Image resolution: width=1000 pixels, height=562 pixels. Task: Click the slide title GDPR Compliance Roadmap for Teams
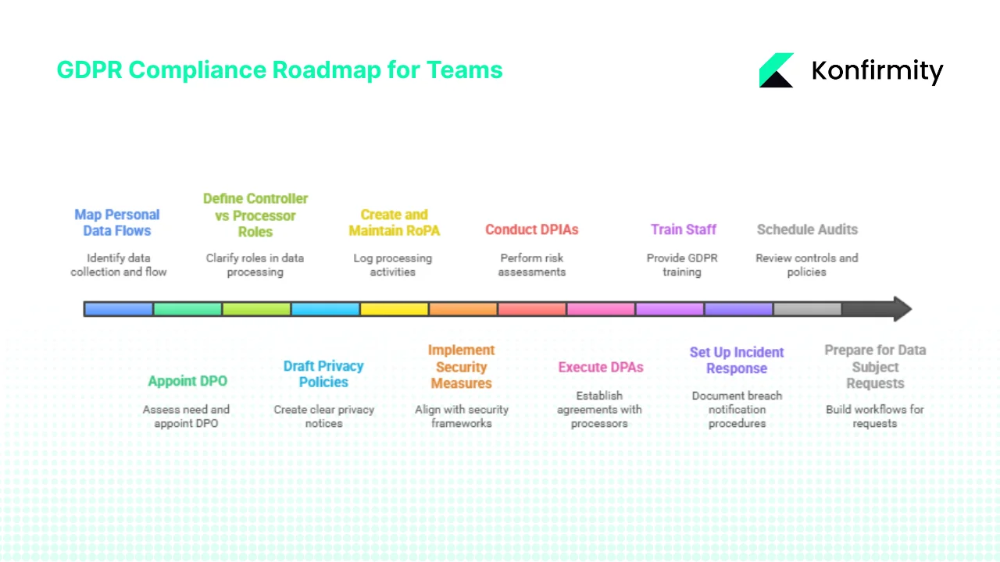[280, 70]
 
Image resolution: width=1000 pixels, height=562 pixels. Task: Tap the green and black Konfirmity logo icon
[776, 70]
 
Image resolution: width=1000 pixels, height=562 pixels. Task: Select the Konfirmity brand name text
[877, 71]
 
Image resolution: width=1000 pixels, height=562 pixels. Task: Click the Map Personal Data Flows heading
[117, 222]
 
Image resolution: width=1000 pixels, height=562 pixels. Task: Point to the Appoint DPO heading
[187, 381]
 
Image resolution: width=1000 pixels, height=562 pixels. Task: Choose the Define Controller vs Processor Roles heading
[255, 215]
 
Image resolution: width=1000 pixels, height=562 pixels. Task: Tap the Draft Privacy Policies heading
[323, 374]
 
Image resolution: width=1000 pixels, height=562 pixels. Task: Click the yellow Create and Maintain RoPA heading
[394, 222]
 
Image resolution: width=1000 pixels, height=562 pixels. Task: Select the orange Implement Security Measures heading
[461, 367]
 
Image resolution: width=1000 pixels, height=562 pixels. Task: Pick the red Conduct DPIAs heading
[531, 229]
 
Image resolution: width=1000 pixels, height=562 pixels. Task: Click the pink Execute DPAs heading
[600, 367]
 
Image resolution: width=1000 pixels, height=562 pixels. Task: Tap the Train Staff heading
[683, 229]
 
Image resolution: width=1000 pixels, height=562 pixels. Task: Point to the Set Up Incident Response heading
[737, 360]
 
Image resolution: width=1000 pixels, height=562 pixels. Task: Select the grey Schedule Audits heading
[807, 229]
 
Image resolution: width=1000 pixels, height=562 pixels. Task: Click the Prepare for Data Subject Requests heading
[875, 367]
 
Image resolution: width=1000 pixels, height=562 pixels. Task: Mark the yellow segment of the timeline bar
[394, 309]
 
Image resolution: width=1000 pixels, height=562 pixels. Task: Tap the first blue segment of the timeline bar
[118, 309]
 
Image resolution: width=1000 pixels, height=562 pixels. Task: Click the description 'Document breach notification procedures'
[737, 409]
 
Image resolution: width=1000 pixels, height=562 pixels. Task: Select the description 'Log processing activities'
[392, 265]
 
